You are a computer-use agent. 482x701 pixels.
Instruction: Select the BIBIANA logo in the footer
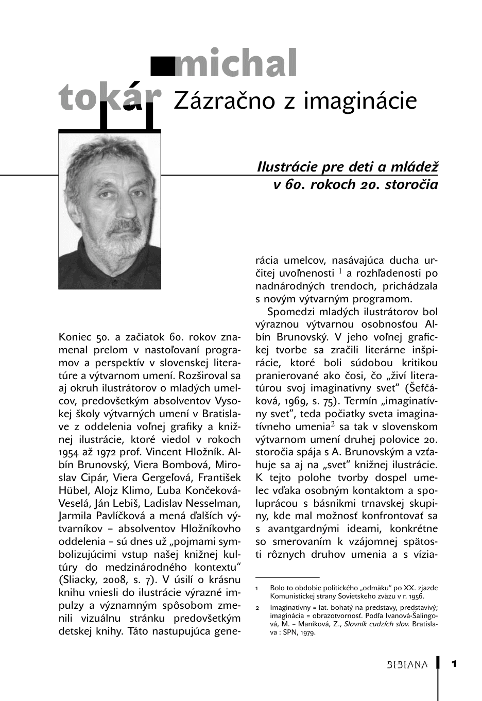407,664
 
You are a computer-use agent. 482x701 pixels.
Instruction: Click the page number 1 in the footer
454,663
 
